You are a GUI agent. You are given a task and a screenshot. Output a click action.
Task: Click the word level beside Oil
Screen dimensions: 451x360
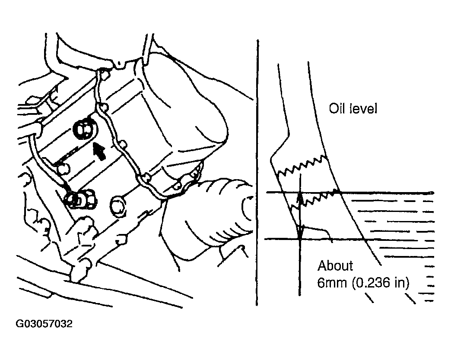click(364, 109)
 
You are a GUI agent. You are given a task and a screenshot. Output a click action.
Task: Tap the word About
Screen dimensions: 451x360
click(335, 266)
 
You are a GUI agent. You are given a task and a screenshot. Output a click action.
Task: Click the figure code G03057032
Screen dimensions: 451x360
click(44, 324)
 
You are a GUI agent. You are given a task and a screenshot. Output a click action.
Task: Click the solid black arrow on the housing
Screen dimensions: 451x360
click(99, 151)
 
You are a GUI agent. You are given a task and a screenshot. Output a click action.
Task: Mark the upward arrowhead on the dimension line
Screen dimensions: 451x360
click(300, 198)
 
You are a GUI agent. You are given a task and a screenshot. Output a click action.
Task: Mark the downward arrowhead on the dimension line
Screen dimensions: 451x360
click(300, 231)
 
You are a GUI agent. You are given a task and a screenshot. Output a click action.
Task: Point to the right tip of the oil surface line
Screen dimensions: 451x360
click(433, 193)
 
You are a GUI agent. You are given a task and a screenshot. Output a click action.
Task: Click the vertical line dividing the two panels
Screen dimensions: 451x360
click(257, 172)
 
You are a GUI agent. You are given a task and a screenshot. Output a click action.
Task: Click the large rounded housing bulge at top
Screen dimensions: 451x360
click(184, 106)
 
